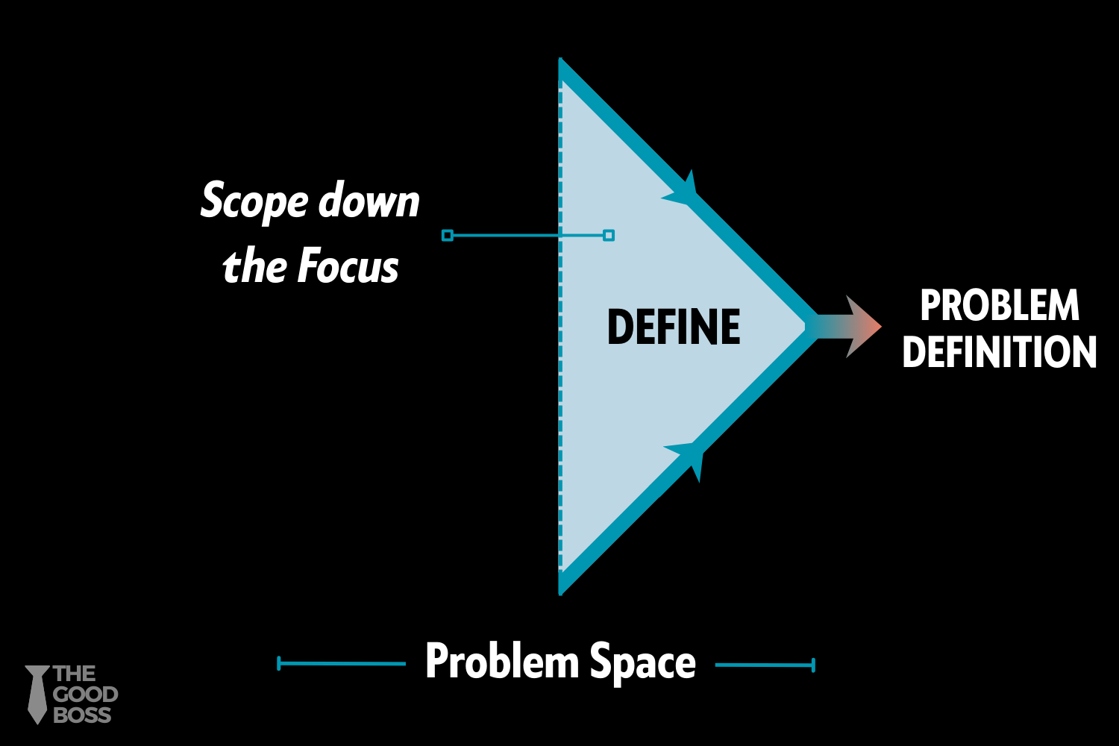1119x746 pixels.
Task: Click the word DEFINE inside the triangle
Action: coord(674,327)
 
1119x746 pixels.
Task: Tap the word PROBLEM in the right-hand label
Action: coord(1000,305)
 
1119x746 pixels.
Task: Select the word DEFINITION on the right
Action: coord(1000,352)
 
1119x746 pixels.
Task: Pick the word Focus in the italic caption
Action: coord(348,266)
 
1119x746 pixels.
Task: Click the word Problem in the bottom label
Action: coord(502,661)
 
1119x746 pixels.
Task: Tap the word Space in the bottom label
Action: coord(642,662)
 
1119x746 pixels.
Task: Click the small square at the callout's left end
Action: coord(448,236)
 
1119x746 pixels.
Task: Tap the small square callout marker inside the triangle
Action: coord(609,236)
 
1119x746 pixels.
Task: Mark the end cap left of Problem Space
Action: coord(279,663)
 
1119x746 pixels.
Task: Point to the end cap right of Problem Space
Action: coord(813,665)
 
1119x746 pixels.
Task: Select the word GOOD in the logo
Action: coord(85,695)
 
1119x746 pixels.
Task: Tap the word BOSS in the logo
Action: coord(82,715)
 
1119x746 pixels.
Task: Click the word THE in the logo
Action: coord(74,674)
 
